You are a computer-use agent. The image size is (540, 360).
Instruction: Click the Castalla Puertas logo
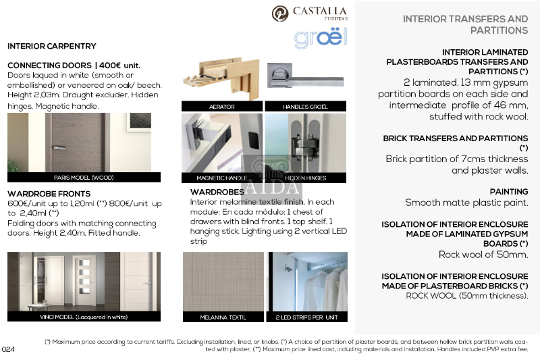310,14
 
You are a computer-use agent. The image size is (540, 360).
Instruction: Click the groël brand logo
320,38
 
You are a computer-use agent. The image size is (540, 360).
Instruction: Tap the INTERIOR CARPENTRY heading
52,47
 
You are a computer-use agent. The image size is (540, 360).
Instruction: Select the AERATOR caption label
221,107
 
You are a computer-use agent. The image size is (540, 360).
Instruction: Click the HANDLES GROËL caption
305,107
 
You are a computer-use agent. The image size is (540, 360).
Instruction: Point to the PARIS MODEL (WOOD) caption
84,178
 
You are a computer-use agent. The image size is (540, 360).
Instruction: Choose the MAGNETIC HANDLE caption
222,178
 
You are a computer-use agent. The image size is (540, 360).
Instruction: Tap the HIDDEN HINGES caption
305,178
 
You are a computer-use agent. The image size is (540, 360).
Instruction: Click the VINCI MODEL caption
84,317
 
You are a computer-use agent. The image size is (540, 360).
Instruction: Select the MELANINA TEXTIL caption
223,317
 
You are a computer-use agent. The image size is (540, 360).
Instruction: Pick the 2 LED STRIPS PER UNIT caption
306,317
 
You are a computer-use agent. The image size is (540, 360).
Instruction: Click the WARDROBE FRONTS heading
49,194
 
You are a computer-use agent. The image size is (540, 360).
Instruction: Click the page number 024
9,349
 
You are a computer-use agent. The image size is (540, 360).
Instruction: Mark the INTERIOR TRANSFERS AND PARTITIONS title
465,24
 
